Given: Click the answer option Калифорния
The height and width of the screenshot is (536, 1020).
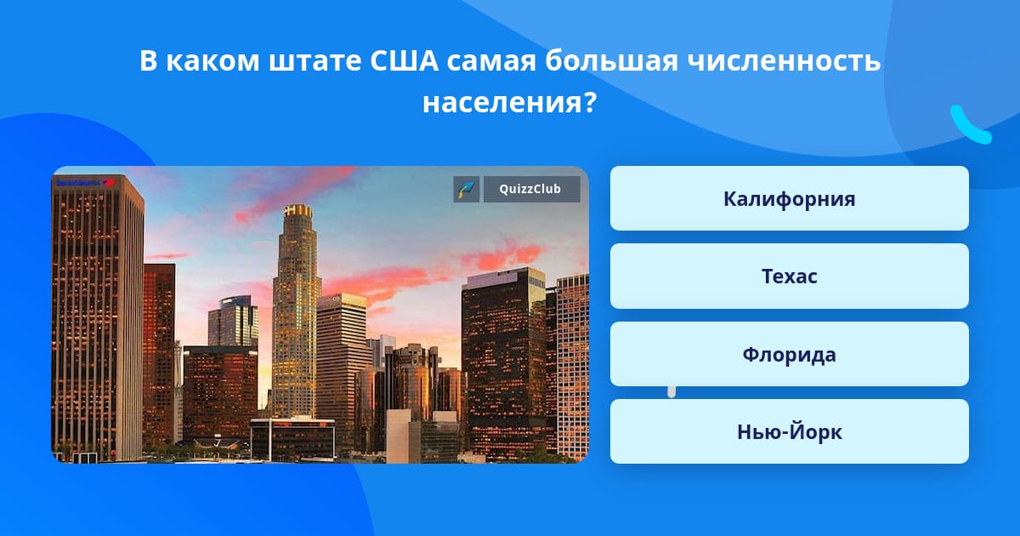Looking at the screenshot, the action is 789,198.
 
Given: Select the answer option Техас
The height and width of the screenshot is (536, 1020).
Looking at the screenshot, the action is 789,277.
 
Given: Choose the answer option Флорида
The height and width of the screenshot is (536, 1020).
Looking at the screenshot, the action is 789,354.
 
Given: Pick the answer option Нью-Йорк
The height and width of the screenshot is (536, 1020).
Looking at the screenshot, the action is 789,431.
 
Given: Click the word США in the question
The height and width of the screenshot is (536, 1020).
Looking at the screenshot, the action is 404,60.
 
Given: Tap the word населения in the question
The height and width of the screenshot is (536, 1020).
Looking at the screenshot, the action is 502,104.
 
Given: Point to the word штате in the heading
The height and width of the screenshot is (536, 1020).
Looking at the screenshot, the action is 315,61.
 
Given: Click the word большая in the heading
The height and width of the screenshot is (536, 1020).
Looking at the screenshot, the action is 611,60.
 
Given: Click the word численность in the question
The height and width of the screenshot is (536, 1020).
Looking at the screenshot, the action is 784,61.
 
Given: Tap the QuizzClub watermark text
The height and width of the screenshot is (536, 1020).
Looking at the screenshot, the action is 530,189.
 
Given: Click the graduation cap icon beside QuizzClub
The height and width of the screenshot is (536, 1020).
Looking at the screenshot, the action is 466,189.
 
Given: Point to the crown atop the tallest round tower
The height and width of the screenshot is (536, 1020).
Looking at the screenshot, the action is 297,211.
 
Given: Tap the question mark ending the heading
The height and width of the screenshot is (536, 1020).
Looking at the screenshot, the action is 590,102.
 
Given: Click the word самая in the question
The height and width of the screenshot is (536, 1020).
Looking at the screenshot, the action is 491,61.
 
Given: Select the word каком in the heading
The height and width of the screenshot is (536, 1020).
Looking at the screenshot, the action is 212,60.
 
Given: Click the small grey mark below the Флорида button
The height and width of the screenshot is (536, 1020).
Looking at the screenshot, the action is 671,391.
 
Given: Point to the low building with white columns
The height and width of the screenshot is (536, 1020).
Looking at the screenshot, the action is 292,438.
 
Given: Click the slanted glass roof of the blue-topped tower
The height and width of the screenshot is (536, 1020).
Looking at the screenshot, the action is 235,302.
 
